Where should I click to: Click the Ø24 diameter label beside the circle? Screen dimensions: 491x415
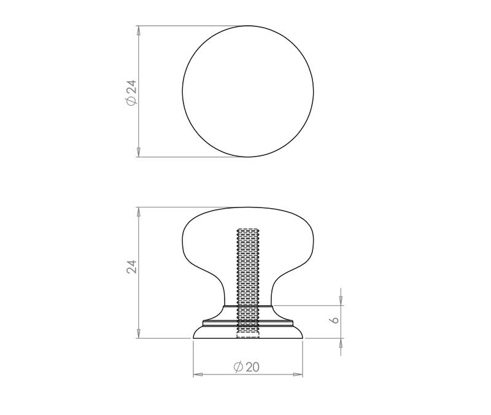132,93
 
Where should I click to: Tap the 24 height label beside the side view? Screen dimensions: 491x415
132,267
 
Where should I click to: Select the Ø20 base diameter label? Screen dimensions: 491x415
247,367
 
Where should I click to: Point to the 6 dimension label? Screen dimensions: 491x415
334,320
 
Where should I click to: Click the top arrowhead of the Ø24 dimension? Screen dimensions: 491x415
139,30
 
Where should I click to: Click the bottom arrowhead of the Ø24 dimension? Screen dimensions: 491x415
139,152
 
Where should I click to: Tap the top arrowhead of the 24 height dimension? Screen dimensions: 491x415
139,212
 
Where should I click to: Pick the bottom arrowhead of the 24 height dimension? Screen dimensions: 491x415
139,333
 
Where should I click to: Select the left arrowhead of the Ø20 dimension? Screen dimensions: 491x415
198,374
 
